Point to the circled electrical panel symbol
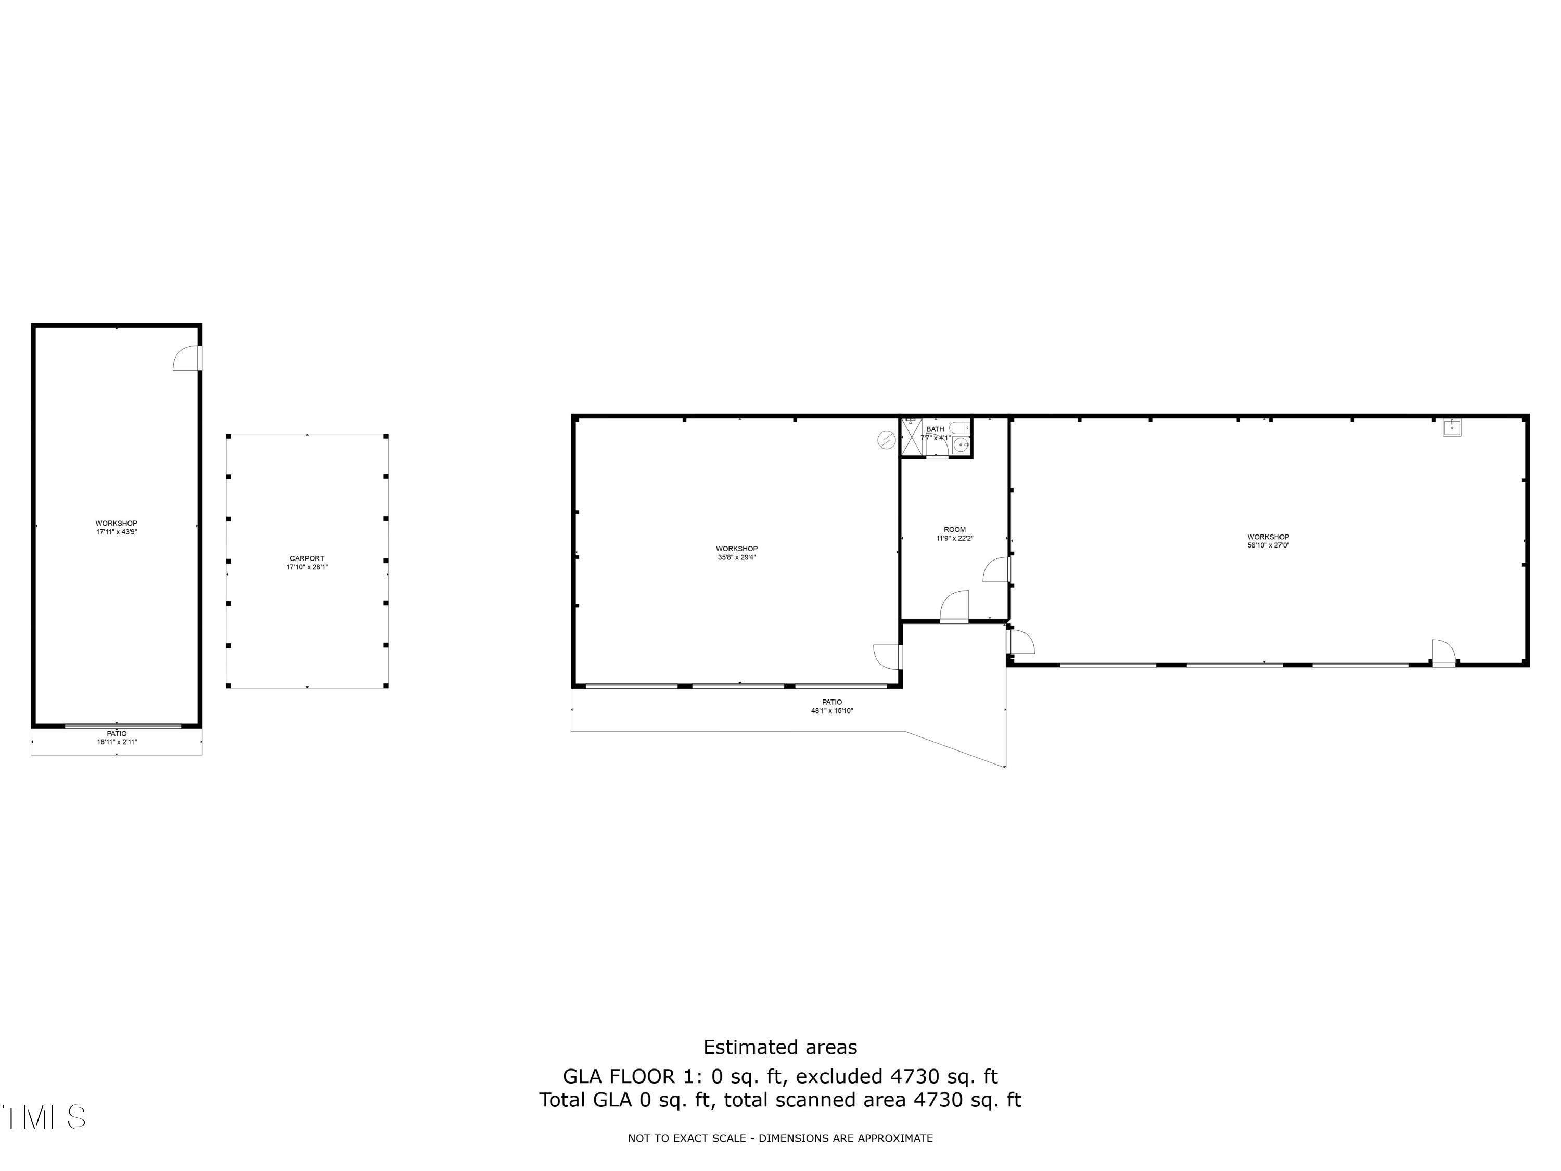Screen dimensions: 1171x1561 click(x=886, y=440)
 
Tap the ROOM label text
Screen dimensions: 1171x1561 click(x=954, y=529)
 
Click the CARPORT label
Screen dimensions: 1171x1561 click(x=307, y=558)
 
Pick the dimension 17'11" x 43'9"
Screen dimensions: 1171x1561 click(x=117, y=532)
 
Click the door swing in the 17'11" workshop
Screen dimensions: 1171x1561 click(x=186, y=358)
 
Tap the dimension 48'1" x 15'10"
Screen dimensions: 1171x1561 click(x=831, y=711)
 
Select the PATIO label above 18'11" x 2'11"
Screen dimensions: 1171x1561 click(x=117, y=733)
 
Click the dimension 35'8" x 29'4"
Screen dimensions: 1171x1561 click(x=737, y=557)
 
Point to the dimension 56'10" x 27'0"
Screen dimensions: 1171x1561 click(x=1268, y=545)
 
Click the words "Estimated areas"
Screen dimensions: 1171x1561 click(x=780, y=1047)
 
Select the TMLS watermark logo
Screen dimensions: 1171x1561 click(x=44, y=1117)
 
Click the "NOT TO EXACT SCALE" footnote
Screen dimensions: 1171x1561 click(x=780, y=1138)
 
